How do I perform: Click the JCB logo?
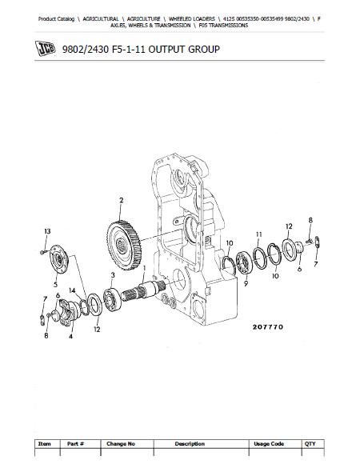(x=45, y=49)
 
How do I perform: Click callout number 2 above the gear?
(x=122, y=200)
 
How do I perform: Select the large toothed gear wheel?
(x=124, y=245)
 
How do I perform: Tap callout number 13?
(x=47, y=231)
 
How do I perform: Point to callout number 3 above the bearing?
(x=113, y=275)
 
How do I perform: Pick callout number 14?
(x=72, y=290)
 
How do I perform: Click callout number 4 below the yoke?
(x=70, y=336)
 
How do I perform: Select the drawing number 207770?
(x=268, y=327)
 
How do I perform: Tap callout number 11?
(x=259, y=234)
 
